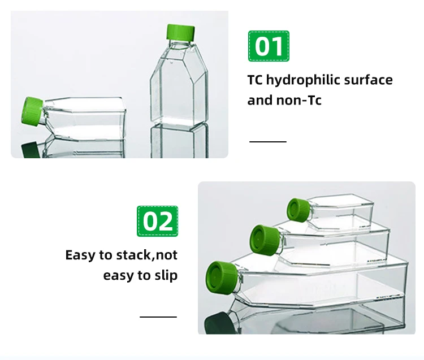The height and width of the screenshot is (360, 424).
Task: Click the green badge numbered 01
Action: [x=269, y=46]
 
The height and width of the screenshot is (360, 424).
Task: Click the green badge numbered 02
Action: [x=157, y=221]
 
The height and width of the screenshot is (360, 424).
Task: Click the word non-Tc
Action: [x=301, y=101]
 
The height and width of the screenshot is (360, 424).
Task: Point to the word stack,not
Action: [x=146, y=255]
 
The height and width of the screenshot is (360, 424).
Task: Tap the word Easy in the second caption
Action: [x=80, y=255]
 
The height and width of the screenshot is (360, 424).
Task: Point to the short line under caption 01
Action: [x=268, y=141]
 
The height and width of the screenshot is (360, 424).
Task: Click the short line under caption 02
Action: [x=158, y=316]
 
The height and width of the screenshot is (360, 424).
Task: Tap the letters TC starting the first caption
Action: [x=255, y=80]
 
